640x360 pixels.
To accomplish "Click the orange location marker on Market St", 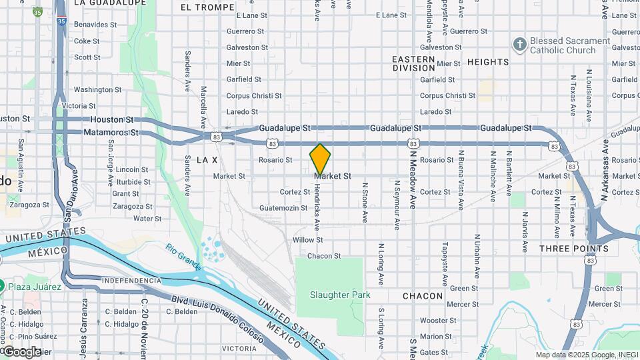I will [x=320, y=159].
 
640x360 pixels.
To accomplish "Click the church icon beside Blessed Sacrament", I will [x=519, y=45].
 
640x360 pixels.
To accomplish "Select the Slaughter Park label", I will [x=339, y=295].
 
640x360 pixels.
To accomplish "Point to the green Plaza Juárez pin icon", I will [x=3, y=287].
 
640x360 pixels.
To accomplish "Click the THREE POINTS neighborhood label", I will [x=574, y=249].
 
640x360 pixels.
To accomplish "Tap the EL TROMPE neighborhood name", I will [x=207, y=7].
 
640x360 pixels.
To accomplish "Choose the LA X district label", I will [x=207, y=160].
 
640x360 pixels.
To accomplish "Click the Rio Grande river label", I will [x=184, y=256].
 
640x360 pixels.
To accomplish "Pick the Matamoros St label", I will [x=111, y=133].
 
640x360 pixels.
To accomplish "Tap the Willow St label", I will [x=307, y=240].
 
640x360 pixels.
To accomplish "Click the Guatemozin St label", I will [x=288, y=208].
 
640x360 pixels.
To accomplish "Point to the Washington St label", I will [x=93, y=89].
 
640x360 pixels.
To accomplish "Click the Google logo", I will [x=22, y=351].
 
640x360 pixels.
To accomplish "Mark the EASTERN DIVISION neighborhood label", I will [x=413, y=63].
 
